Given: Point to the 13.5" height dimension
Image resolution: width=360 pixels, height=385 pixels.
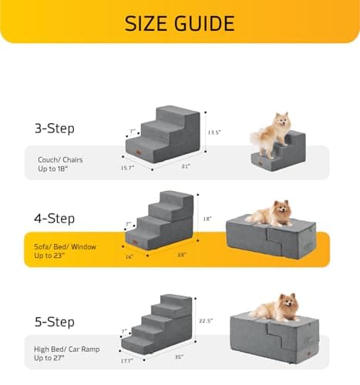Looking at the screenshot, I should pos(214,132).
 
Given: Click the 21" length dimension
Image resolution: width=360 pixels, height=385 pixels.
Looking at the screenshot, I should pos(186,165).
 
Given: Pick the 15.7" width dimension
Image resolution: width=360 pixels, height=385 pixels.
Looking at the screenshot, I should pos(126,167).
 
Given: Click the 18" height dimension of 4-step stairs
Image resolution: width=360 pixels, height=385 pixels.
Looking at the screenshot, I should pos(207,219).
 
